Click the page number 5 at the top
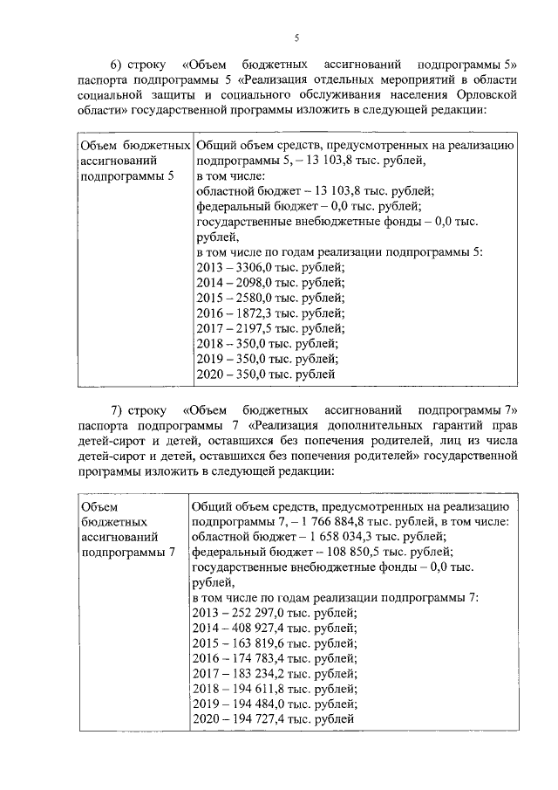(x=296, y=38)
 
